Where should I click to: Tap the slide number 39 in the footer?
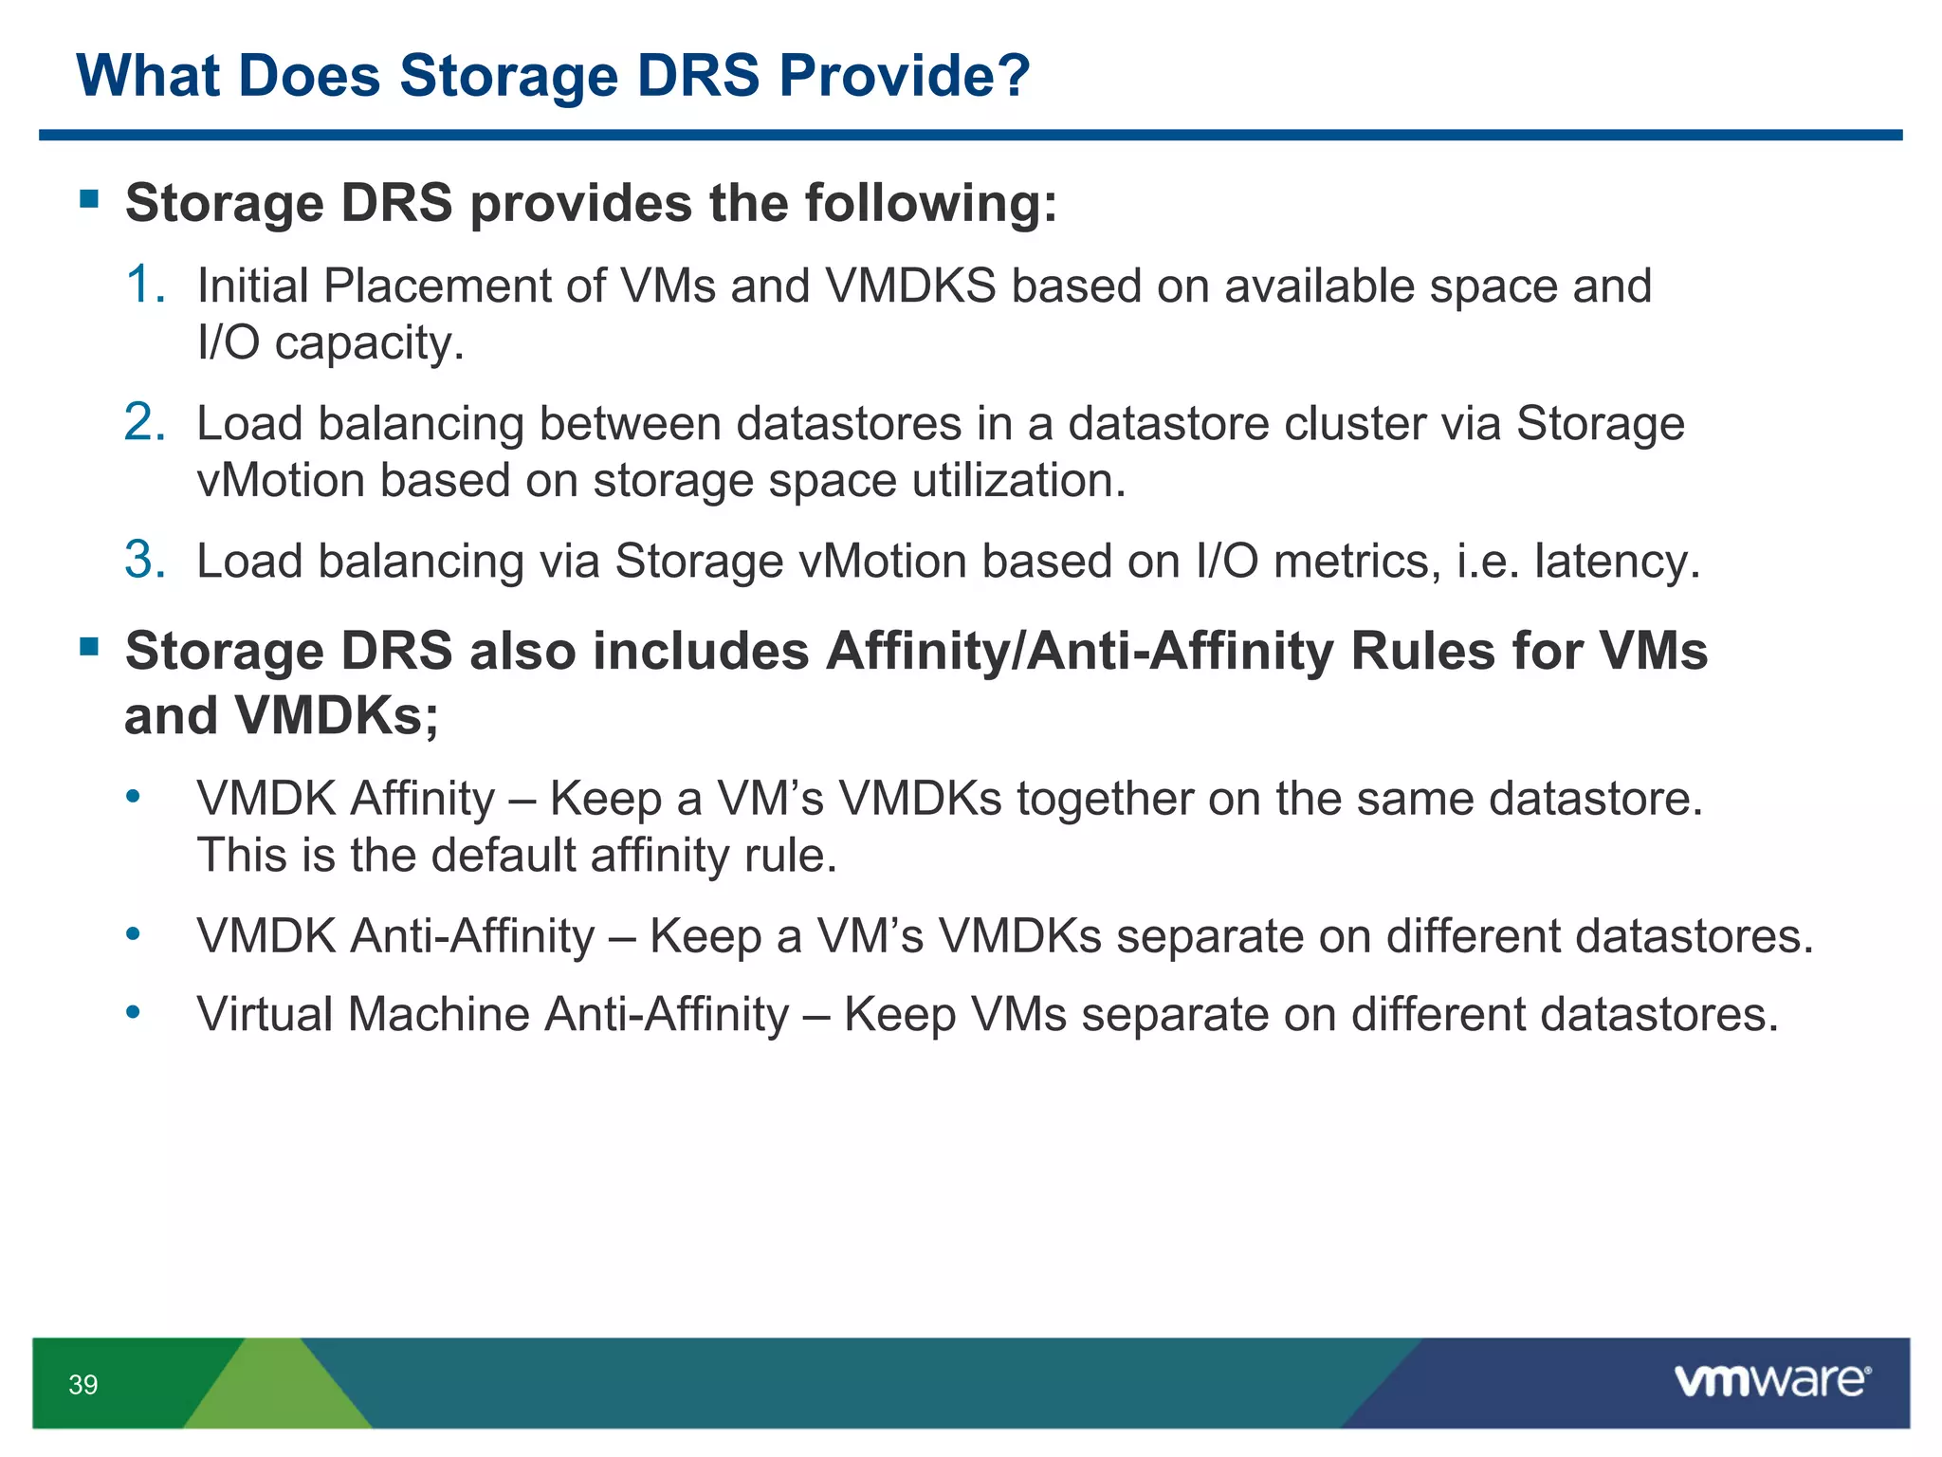tap(83, 1385)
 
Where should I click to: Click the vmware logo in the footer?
tap(1772, 1380)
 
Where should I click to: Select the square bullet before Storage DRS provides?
tap(90, 198)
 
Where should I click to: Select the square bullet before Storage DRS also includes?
tap(90, 647)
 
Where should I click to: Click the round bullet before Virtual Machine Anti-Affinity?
tap(134, 1013)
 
